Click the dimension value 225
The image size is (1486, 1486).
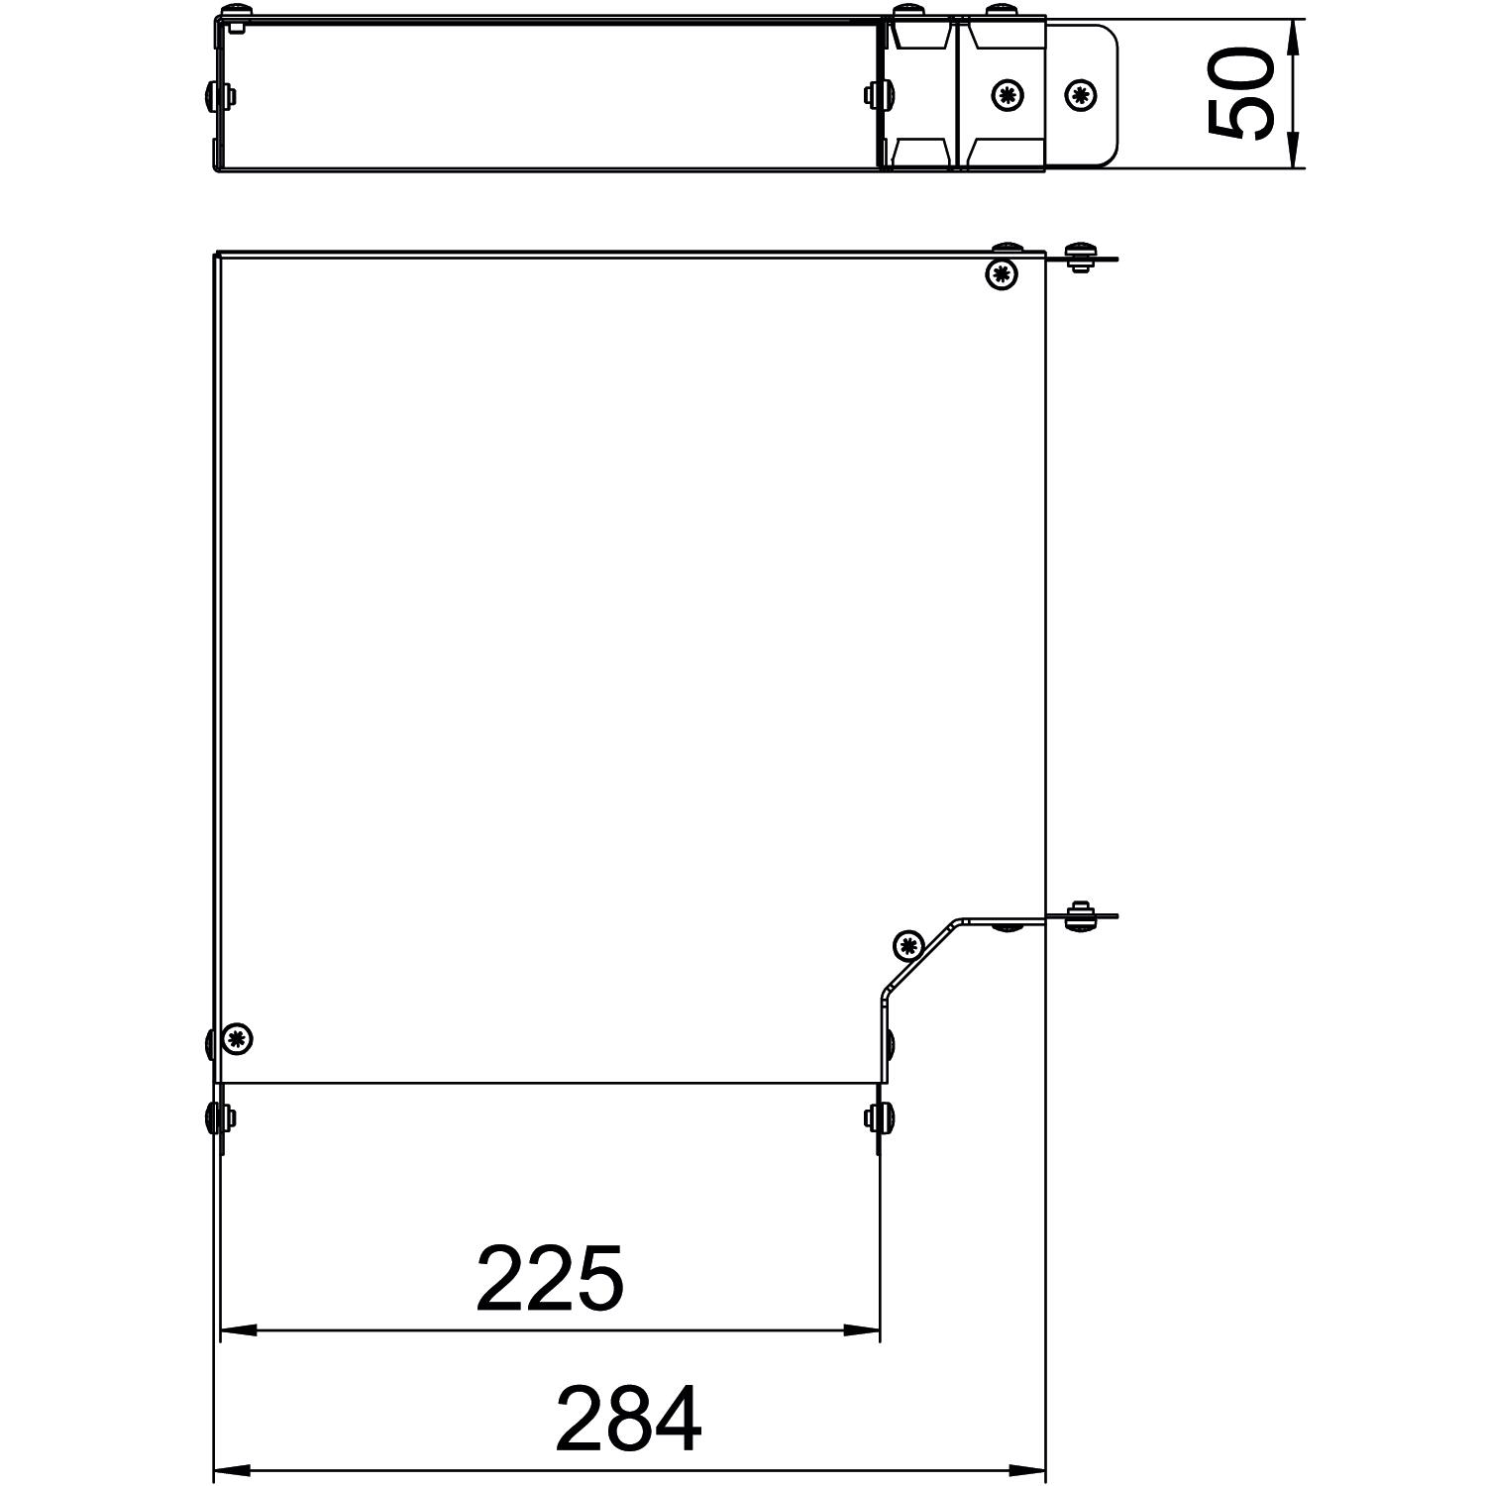[x=550, y=1278]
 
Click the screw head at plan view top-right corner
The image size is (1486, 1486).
[x=1003, y=273]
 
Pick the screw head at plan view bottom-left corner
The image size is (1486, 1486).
[x=237, y=1038]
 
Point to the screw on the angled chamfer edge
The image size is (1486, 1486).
[x=907, y=944]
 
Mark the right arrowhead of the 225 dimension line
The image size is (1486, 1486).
[x=861, y=1329]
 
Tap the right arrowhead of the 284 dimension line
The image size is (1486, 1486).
[x=1027, y=1470]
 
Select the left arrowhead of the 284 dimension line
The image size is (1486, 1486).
[x=233, y=1470]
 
